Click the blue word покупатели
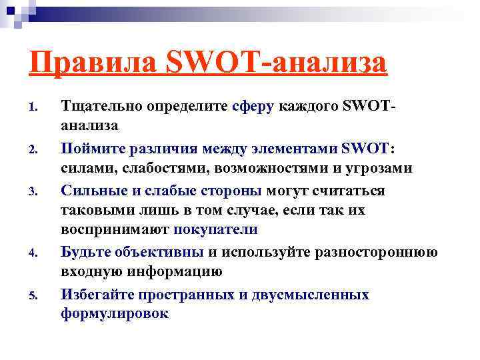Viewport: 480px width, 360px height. click(x=215, y=230)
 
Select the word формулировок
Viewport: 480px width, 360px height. click(x=115, y=314)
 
